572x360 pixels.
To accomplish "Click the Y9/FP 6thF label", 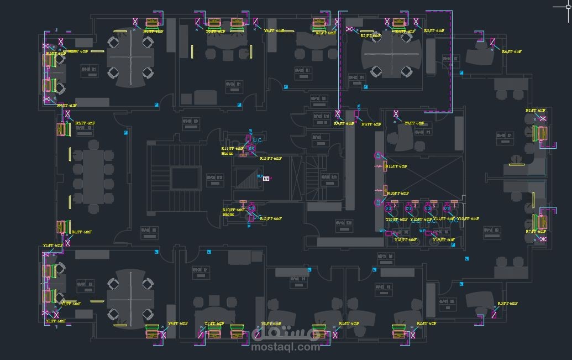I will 414,123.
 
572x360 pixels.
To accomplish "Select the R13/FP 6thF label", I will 271,159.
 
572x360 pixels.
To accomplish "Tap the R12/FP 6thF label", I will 271,219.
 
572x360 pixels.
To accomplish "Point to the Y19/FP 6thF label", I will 443,240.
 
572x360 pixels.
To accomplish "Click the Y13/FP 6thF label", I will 396,220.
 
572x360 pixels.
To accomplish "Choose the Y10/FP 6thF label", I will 468,219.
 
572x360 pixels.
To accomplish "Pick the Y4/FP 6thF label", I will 177,324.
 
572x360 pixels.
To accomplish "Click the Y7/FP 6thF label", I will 214,324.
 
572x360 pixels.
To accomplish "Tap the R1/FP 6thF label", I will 349,323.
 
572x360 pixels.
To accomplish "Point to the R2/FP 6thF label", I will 427,323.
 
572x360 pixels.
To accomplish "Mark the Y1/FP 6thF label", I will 53,245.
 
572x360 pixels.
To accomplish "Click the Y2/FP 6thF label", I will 55,321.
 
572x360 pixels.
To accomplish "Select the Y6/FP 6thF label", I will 274,31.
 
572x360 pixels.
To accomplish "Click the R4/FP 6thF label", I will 67,105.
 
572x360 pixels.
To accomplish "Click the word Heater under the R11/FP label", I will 227,154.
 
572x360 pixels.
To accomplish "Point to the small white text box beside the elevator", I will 266,179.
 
